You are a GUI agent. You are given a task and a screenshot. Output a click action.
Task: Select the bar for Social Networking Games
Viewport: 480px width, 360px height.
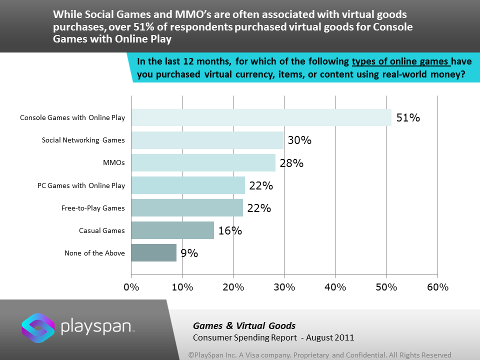point(207,140)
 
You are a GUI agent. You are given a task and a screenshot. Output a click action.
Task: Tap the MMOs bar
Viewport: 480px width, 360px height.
point(203,163)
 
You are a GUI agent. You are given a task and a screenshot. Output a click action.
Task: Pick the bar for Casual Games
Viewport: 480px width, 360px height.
point(172,230)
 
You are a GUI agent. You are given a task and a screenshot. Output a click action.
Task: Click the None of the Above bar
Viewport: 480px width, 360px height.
point(154,253)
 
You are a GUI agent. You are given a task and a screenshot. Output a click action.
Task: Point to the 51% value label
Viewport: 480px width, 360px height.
point(408,118)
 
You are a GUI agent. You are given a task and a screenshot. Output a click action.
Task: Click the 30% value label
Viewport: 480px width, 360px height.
point(299,140)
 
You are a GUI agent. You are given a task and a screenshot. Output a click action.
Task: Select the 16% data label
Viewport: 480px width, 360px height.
point(230,230)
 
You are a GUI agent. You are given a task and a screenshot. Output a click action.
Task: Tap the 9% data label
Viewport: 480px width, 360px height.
point(189,253)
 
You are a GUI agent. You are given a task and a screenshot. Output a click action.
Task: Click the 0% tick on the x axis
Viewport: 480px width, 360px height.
point(131,287)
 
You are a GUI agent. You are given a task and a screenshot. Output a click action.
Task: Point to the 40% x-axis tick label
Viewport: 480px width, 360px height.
point(335,287)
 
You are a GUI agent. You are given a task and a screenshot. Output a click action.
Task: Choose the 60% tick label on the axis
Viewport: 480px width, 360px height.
point(437,287)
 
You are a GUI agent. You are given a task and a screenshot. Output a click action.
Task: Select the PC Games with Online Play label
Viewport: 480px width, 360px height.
point(81,185)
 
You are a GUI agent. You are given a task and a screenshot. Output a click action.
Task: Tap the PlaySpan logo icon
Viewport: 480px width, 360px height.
point(38,327)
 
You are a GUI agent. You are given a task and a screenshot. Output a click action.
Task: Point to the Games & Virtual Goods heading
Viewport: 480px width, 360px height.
point(244,326)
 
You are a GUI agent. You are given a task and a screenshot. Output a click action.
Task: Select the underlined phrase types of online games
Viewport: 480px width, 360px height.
point(401,62)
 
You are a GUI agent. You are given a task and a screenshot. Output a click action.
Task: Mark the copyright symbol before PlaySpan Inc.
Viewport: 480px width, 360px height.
point(191,355)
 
